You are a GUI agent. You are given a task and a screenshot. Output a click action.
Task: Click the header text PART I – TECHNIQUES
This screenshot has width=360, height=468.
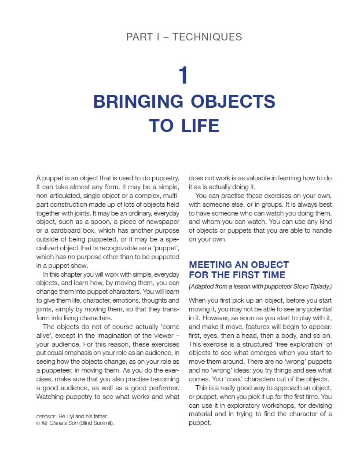click(184, 37)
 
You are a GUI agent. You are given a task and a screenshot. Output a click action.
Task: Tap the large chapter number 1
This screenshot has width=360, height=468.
click(184, 76)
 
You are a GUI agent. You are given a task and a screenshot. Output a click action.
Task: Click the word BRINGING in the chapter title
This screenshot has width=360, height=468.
click(138, 102)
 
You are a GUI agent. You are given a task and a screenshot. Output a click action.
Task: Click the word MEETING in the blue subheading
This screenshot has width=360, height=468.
click(210, 265)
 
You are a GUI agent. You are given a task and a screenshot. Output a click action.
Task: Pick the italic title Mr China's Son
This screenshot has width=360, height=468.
click(59, 424)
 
